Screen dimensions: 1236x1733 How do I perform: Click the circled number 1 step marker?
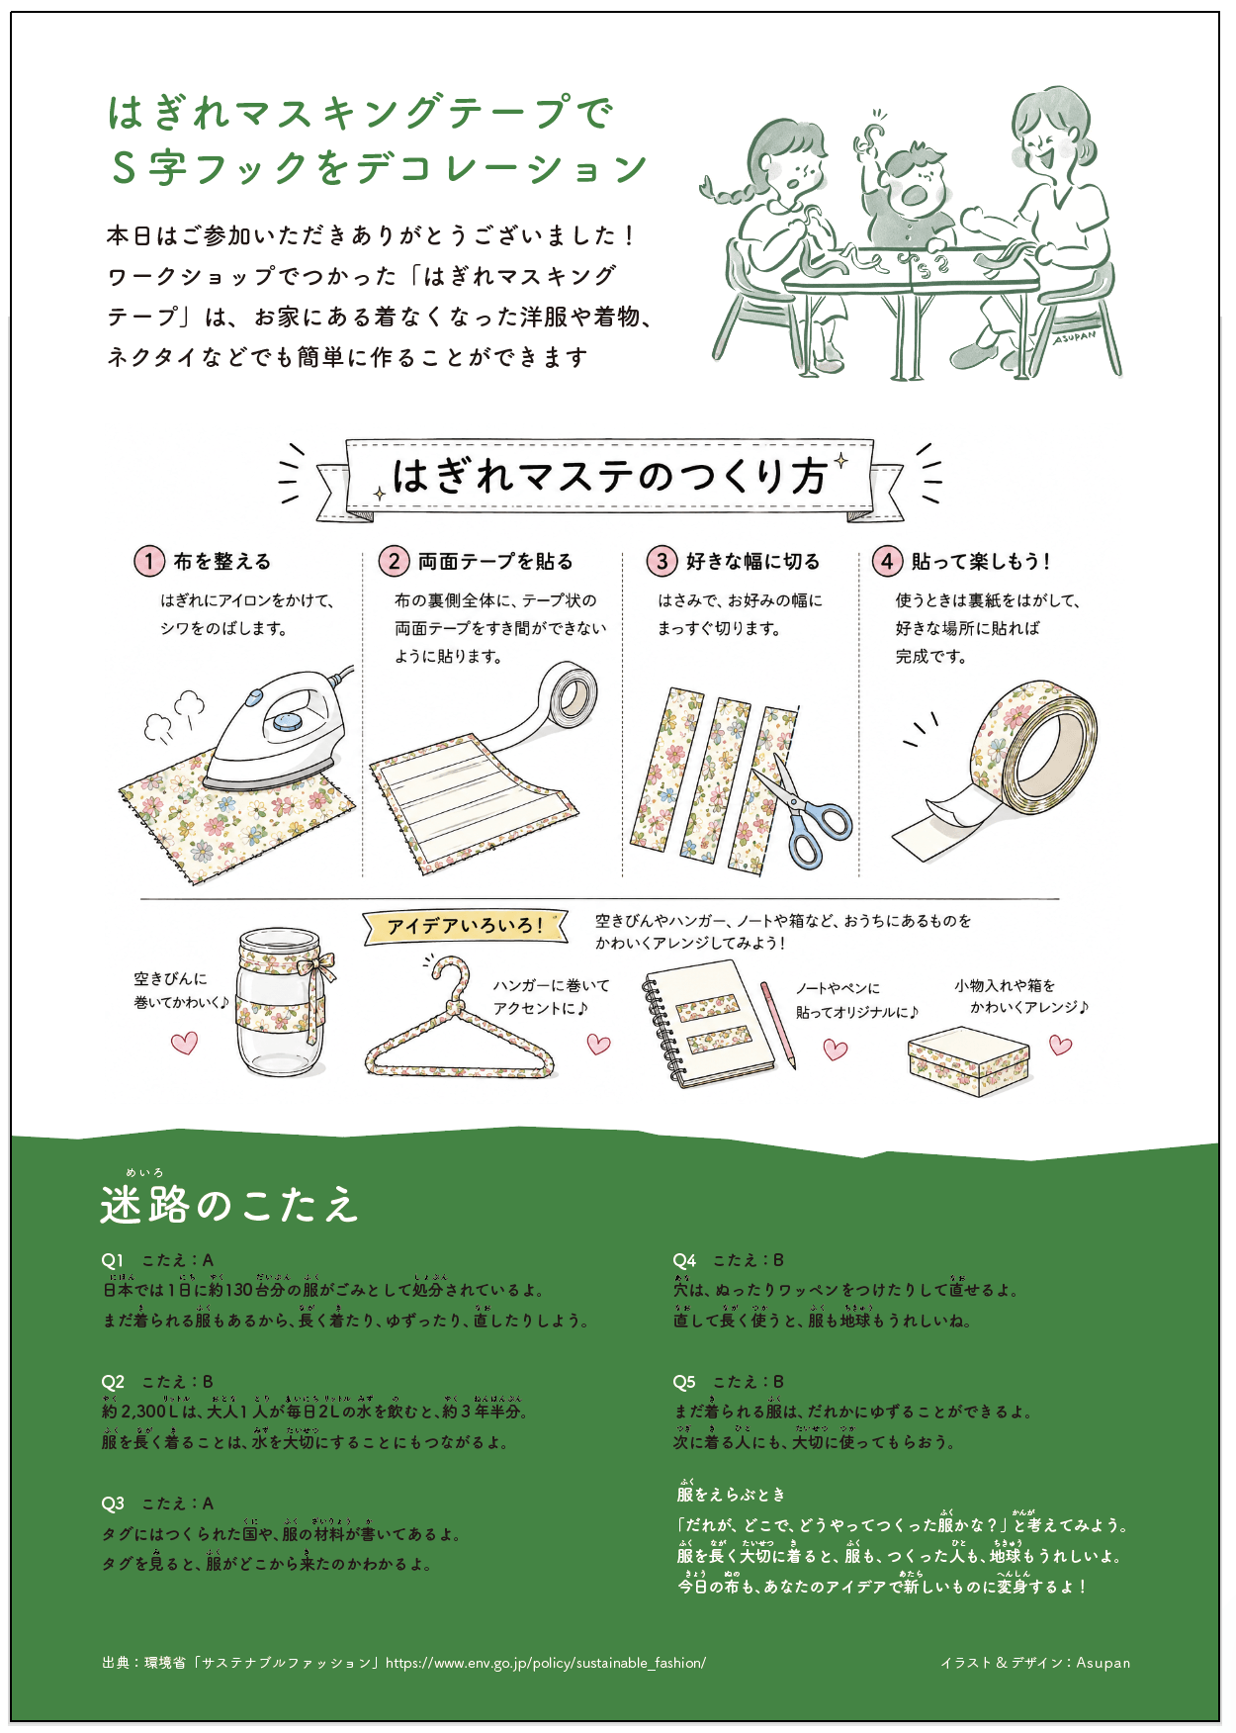point(148,562)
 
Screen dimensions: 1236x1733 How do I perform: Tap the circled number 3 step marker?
point(662,562)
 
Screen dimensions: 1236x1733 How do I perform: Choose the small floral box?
point(969,1061)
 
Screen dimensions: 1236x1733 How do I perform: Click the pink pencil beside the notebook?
point(778,1025)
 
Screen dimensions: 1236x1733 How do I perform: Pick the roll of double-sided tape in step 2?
point(564,698)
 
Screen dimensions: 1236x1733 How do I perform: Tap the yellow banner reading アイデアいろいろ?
point(465,926)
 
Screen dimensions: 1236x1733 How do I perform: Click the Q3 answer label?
point(157,1504)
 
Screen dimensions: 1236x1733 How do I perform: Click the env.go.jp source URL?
point(546,1663)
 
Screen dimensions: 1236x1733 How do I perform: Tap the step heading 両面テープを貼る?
point(495,562)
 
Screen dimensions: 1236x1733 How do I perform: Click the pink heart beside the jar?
point(185,1042)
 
